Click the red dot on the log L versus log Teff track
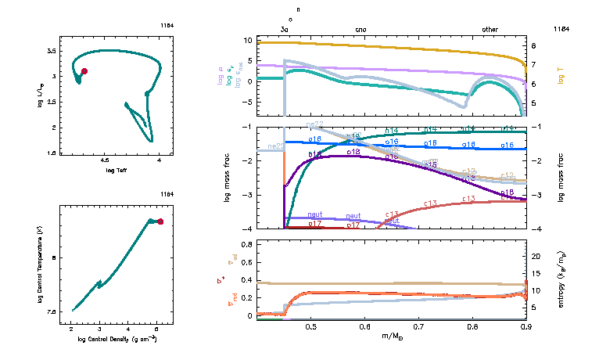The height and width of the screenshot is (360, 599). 84,71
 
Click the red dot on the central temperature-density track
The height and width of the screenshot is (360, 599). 160,221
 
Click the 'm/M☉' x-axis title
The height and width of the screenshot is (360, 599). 391,337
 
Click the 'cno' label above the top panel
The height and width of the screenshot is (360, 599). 360,29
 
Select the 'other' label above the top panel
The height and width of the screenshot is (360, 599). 490,29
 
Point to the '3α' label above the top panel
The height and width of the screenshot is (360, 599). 285,29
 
